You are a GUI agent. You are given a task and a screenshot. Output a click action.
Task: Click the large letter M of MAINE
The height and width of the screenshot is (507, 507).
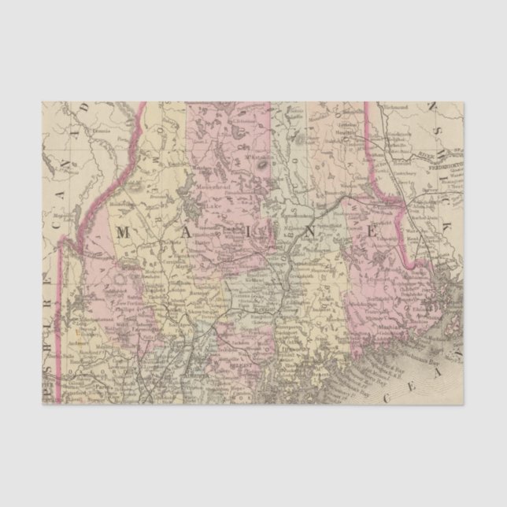[x=125, y=231]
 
